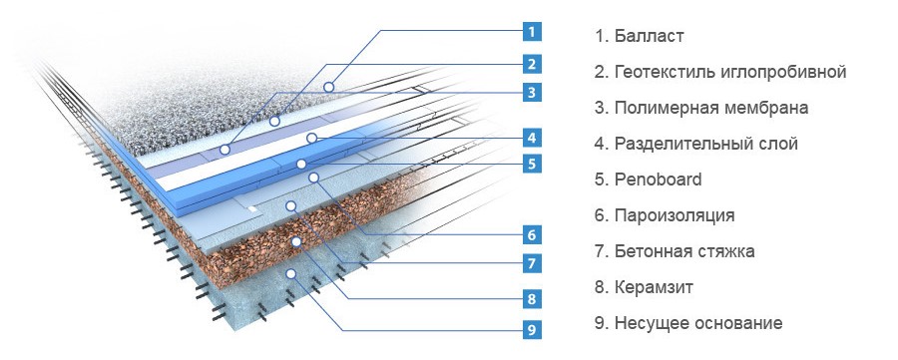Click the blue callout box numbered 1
532,31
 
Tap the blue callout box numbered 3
532,92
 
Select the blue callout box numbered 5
532,165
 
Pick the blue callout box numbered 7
532,263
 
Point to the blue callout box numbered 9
532,329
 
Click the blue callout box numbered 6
532,234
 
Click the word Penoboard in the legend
659,180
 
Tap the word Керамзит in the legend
654,287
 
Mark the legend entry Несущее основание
698,323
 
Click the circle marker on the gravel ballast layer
328,87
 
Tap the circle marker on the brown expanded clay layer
296,242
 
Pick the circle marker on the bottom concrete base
291,273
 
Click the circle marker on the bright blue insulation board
301,165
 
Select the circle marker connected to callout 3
225,150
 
